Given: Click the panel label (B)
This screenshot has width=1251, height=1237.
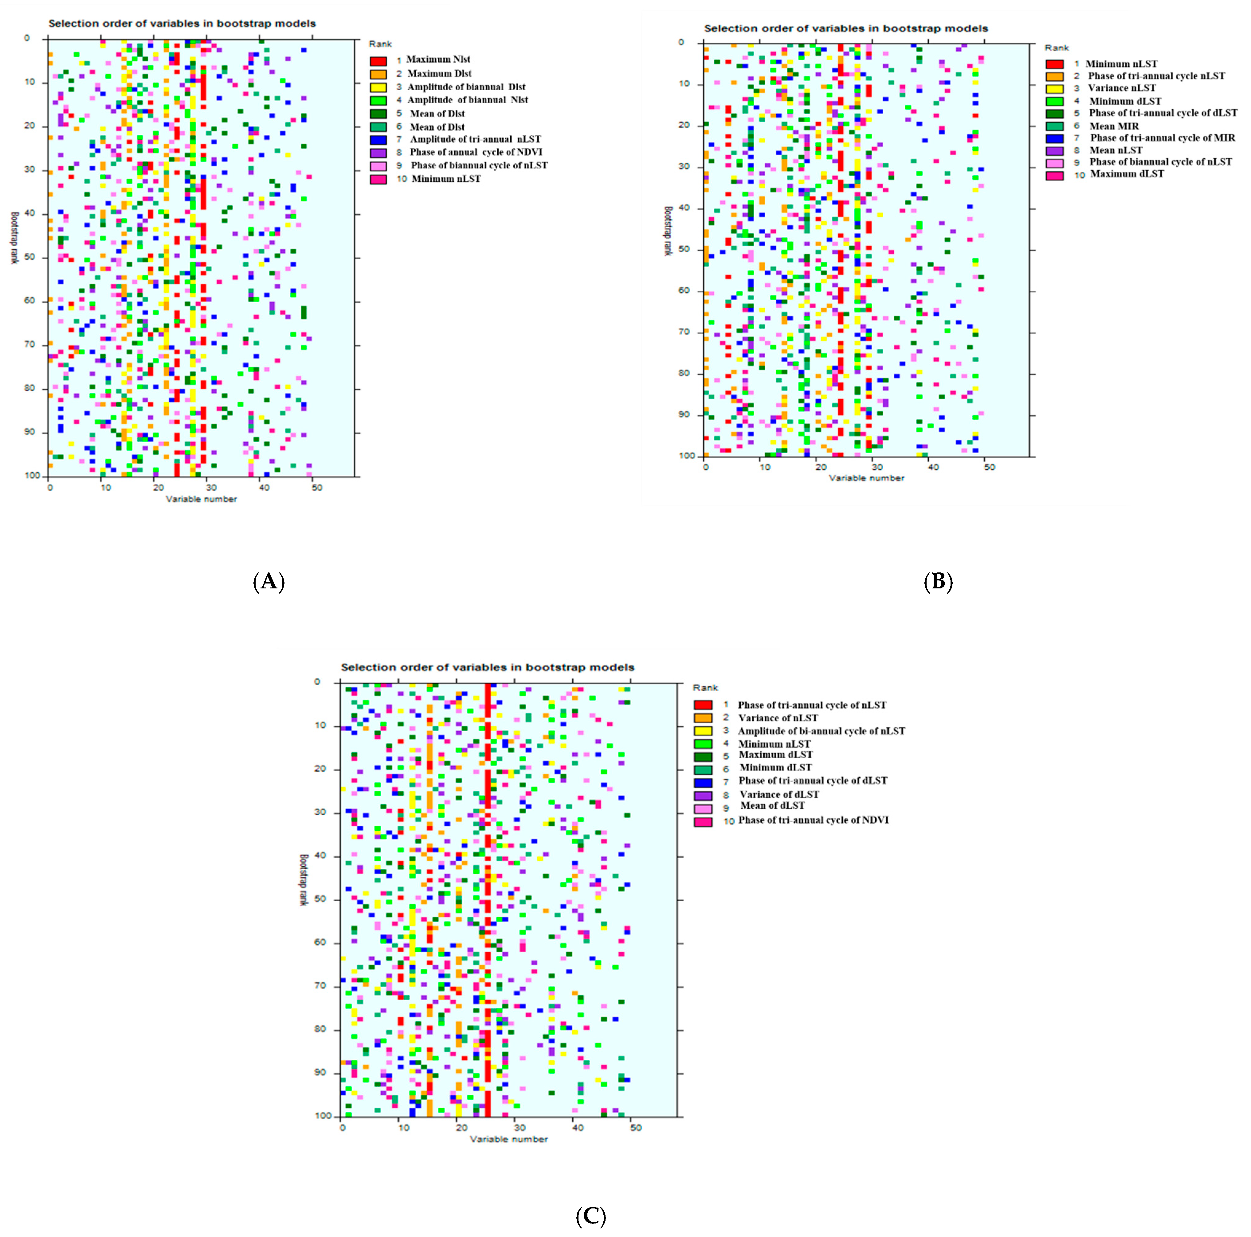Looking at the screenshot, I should (938, 582).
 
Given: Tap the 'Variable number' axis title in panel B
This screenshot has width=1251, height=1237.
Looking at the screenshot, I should (866, 478).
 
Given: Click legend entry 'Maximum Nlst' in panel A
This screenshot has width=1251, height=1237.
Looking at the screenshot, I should (438, 60).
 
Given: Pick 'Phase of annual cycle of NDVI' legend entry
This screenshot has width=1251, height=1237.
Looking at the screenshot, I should (476, 152).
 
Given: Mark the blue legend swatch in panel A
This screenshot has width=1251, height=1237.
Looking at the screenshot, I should (378, 139).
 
